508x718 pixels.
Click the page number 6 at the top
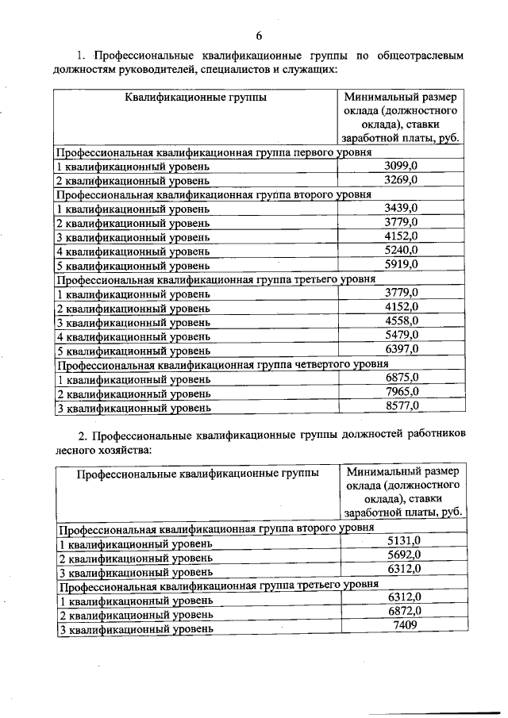pos(259,36)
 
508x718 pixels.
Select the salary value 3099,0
pos(401,166)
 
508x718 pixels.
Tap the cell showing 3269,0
pos(401,180)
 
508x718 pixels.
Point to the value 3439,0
pos(401,208)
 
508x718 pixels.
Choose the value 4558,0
pos(401,321)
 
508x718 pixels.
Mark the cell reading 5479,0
pos(401,336)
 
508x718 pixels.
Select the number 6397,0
pos(401,350)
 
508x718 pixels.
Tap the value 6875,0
pos(401,378)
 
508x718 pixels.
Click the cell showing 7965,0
pos(401,393)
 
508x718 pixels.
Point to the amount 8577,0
pos(401,407)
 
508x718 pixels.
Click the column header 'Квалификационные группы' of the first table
pos(195,98)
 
